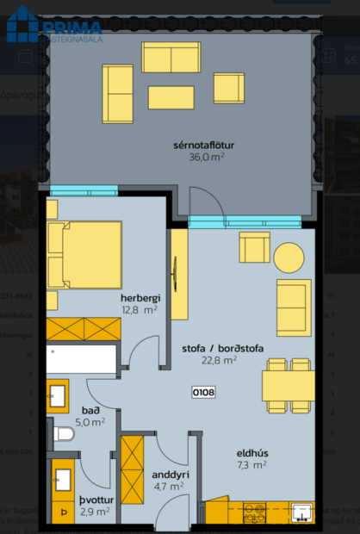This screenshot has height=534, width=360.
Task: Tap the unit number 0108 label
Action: [x=204, y=392]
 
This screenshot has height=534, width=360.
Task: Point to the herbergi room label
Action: [x=139, y=298]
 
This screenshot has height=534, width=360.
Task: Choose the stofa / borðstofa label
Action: [x=222, y=349]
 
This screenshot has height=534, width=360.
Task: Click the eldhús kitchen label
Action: [x=252, y=452]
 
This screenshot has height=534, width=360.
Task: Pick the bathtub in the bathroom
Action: [x=81, y=359]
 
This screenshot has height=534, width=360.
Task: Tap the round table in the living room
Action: [x=289, y=256]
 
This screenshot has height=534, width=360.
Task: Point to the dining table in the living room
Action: [x=288, y=385]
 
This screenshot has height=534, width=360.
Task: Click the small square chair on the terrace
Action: [x=228, y=88]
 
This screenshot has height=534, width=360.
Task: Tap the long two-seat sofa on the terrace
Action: [x=171, y=58]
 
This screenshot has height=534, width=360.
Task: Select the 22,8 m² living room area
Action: [x=219, y=361]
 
